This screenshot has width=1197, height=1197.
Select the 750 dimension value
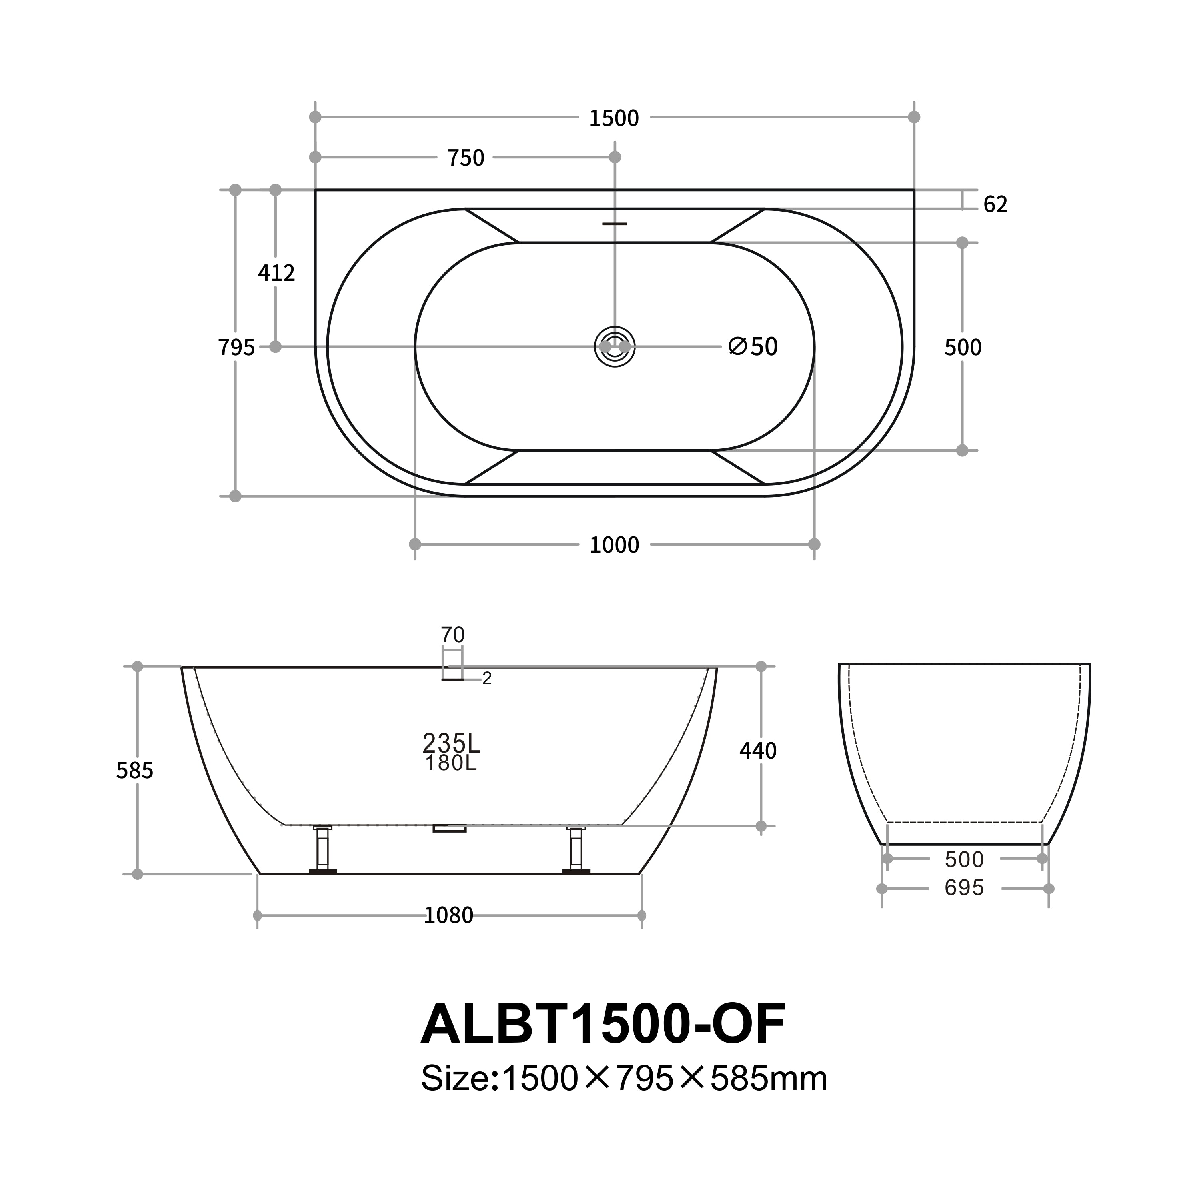click(466, 158)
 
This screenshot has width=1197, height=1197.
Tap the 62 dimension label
click(995, 204)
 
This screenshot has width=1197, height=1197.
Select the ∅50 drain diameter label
click(753, 347)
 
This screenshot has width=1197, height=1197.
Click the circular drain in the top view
click(615, 347)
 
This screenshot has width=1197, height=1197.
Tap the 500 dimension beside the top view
click(962, 348)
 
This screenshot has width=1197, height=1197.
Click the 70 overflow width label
click(452, 635)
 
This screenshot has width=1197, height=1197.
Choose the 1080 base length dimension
click(448, 915)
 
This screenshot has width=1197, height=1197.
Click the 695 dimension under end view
click(964, 888)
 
